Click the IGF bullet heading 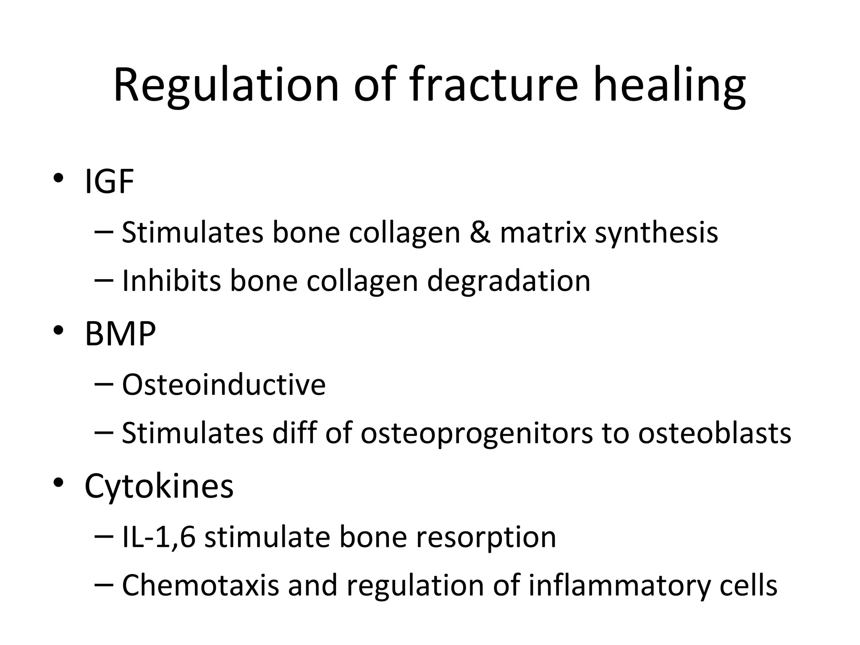[x=109, y=181]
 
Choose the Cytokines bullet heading [x=159, y=486]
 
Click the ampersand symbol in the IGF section [x=480, y=232]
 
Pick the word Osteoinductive [x=223, y=384]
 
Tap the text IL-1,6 [x=158, y=537]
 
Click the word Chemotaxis [x=200, y=585]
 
